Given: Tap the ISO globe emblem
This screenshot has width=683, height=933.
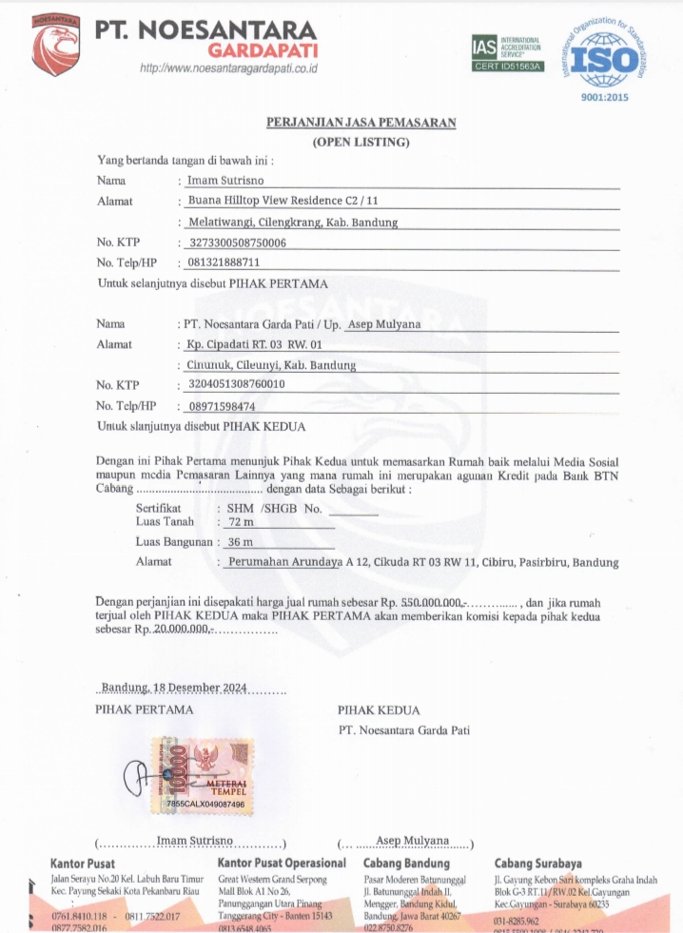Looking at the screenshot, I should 606,59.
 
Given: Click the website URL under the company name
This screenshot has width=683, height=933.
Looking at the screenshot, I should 228,68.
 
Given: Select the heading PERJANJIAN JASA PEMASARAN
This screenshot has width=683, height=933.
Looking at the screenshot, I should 361,123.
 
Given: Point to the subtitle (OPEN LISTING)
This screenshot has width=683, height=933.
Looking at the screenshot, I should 361,143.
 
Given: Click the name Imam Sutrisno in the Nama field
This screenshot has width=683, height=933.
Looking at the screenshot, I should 224,180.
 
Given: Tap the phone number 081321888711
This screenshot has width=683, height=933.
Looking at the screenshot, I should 224,262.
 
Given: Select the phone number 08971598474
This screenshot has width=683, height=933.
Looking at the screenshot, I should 224,406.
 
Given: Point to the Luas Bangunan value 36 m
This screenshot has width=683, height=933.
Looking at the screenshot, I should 240,542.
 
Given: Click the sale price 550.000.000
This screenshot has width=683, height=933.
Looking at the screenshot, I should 431,603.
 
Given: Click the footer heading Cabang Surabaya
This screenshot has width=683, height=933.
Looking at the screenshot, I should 537,864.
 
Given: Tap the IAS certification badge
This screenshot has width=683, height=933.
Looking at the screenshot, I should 508,53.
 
